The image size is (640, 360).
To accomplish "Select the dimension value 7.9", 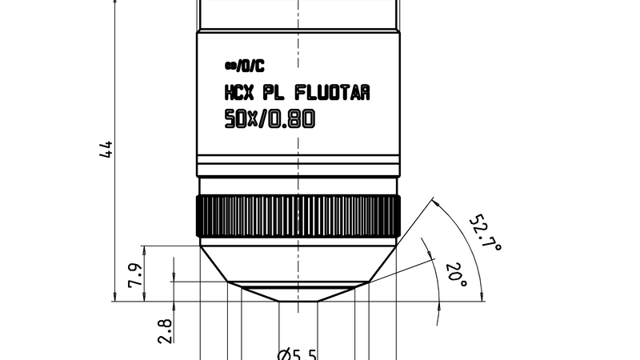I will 136,274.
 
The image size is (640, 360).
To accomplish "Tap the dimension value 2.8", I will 165,330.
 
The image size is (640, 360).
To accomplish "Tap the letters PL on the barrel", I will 276,94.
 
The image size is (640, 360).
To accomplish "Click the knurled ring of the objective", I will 298,215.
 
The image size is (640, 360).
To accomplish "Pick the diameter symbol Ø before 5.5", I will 285,354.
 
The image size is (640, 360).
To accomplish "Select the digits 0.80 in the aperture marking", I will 291,120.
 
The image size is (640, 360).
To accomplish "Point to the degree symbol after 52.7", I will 496,248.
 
